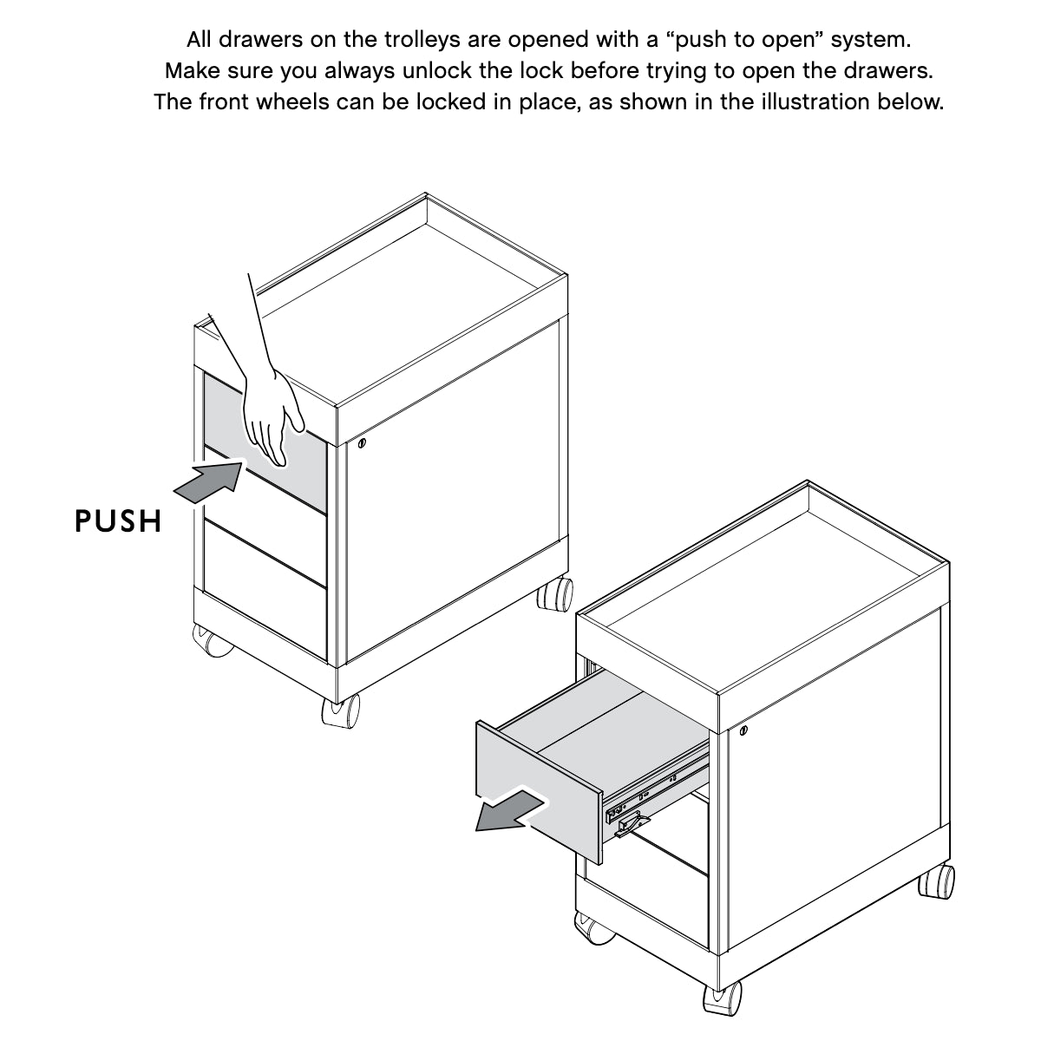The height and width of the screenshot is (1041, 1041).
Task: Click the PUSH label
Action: point(118,521)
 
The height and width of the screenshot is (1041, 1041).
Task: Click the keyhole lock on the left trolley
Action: point(362,444)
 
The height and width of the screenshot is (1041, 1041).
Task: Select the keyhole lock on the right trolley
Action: point(743,730)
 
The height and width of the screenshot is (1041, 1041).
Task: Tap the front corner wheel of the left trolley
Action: point(341,710)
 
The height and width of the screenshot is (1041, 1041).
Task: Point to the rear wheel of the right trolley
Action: point(937,882)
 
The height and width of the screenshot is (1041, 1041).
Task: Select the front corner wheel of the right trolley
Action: point(722,999)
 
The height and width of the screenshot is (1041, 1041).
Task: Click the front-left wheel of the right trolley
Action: point(595,928)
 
